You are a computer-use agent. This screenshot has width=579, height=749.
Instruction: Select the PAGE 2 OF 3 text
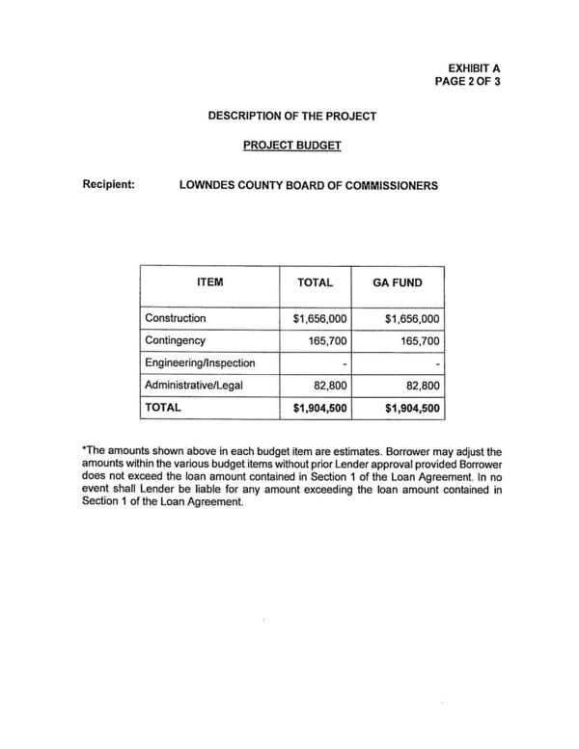pos(467,82)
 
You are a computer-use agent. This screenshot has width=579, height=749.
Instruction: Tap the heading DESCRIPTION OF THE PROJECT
pos(292,117)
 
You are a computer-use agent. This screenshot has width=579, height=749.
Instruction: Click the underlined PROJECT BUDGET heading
pos(292,148)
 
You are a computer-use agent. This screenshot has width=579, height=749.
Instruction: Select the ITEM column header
pos(209,282)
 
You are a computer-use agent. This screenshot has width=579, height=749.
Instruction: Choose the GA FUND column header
pos(399,283)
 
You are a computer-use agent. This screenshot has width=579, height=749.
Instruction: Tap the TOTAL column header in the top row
pos(316,283)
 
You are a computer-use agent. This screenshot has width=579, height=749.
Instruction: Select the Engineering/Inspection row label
pos(200,363)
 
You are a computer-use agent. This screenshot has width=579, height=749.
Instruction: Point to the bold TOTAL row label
pos(163,408)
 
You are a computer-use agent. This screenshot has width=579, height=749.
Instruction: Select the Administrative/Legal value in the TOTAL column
pos(328,386)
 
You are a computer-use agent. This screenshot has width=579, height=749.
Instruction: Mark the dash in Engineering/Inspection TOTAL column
pos(345,364)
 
